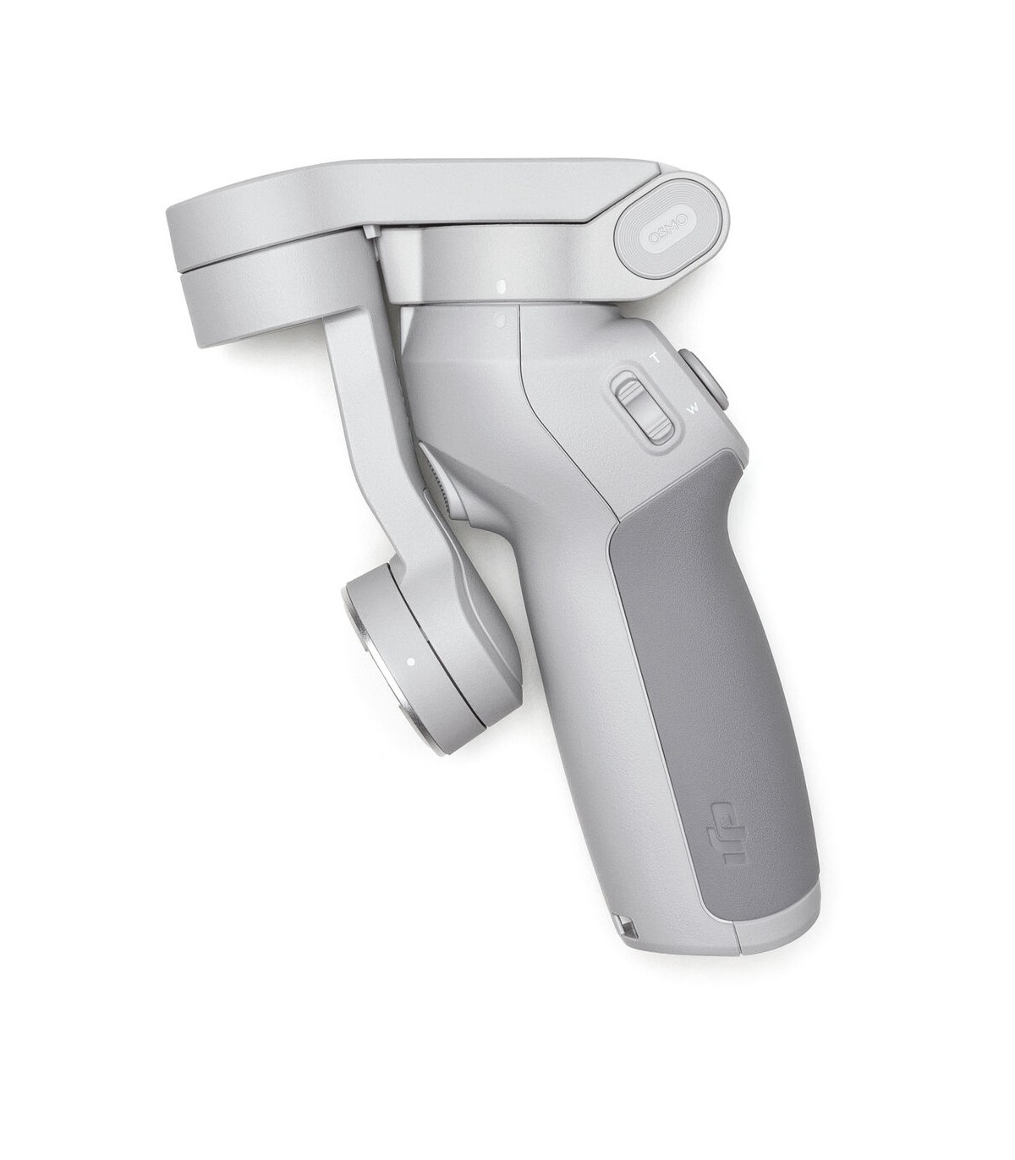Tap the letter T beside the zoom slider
tap(656, 358)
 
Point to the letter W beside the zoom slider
tap(694, 408)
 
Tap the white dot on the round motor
tap(410, 662)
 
